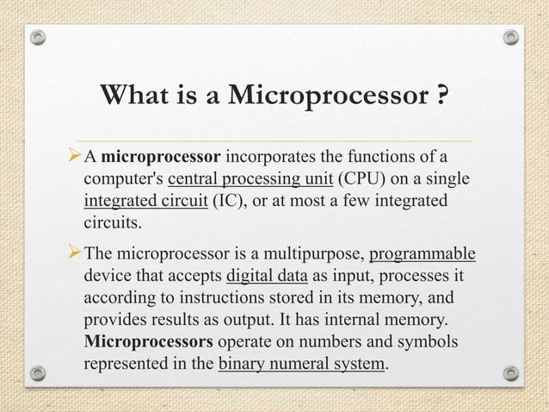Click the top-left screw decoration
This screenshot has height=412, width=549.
[37, 38]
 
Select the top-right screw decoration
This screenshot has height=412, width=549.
[511, 38]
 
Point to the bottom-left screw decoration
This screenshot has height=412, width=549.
[37, 373]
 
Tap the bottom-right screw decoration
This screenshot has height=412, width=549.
[511, 373]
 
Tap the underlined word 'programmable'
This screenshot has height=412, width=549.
[423, 255]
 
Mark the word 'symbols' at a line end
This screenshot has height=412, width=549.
[429, 342]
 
